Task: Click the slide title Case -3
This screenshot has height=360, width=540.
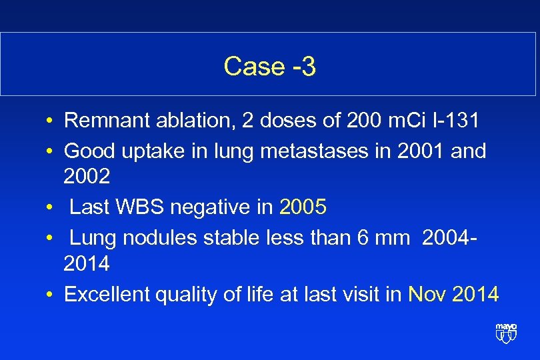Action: click(x=269, y=66)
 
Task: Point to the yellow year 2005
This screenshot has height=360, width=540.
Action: click(x=303, y=207)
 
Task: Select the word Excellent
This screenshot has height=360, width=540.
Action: click(x=106, y=294)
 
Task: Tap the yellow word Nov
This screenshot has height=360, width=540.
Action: click(x=427, y=294)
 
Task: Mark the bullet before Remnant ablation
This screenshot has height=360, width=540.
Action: click(x=51, y=122)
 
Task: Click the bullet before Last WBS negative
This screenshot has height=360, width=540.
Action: click(x=51, y=209)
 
